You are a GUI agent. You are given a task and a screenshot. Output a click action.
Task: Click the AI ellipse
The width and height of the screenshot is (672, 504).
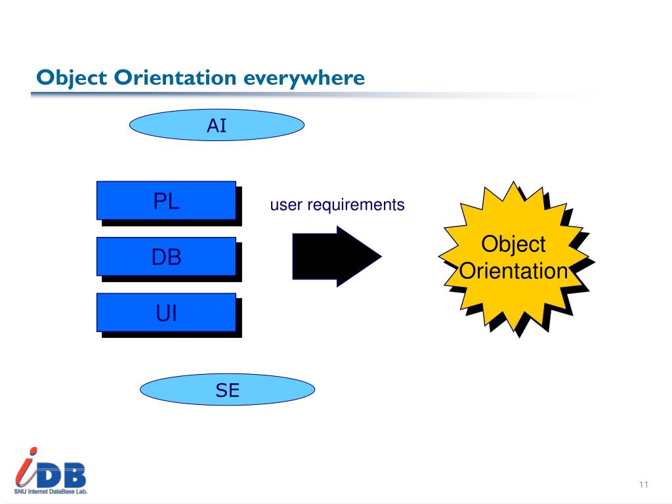coord(217,125)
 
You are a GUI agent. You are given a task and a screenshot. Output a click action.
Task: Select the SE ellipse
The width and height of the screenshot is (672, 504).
coord(227,391)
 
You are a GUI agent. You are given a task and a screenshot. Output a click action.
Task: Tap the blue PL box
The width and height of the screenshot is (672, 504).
coord(166,200)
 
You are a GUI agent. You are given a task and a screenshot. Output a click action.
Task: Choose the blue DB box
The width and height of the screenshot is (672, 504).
coord(166,257)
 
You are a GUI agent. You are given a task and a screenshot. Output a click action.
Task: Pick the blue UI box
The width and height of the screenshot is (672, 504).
coord(166,312)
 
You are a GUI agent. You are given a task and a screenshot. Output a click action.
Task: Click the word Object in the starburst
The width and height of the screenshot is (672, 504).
coord(513,244)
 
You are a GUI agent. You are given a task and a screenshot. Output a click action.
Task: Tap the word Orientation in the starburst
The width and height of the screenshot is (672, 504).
coord(513,270)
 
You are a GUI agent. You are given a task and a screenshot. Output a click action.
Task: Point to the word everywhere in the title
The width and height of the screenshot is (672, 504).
coord(304,78)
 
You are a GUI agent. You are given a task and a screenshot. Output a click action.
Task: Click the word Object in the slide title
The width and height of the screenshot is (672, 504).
coord(72,78)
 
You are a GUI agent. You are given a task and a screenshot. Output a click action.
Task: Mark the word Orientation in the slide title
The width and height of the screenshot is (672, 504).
coord(175,78)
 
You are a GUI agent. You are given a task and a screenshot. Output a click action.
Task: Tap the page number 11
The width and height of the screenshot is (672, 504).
coord(643,484)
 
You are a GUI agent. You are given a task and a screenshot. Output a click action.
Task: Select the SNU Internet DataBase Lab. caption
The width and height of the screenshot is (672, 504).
coord(51,490)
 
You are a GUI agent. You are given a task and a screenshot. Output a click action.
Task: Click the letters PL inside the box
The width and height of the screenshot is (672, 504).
coord(166,201)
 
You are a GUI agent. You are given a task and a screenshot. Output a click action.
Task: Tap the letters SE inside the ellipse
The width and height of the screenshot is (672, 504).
coord(227,391)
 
